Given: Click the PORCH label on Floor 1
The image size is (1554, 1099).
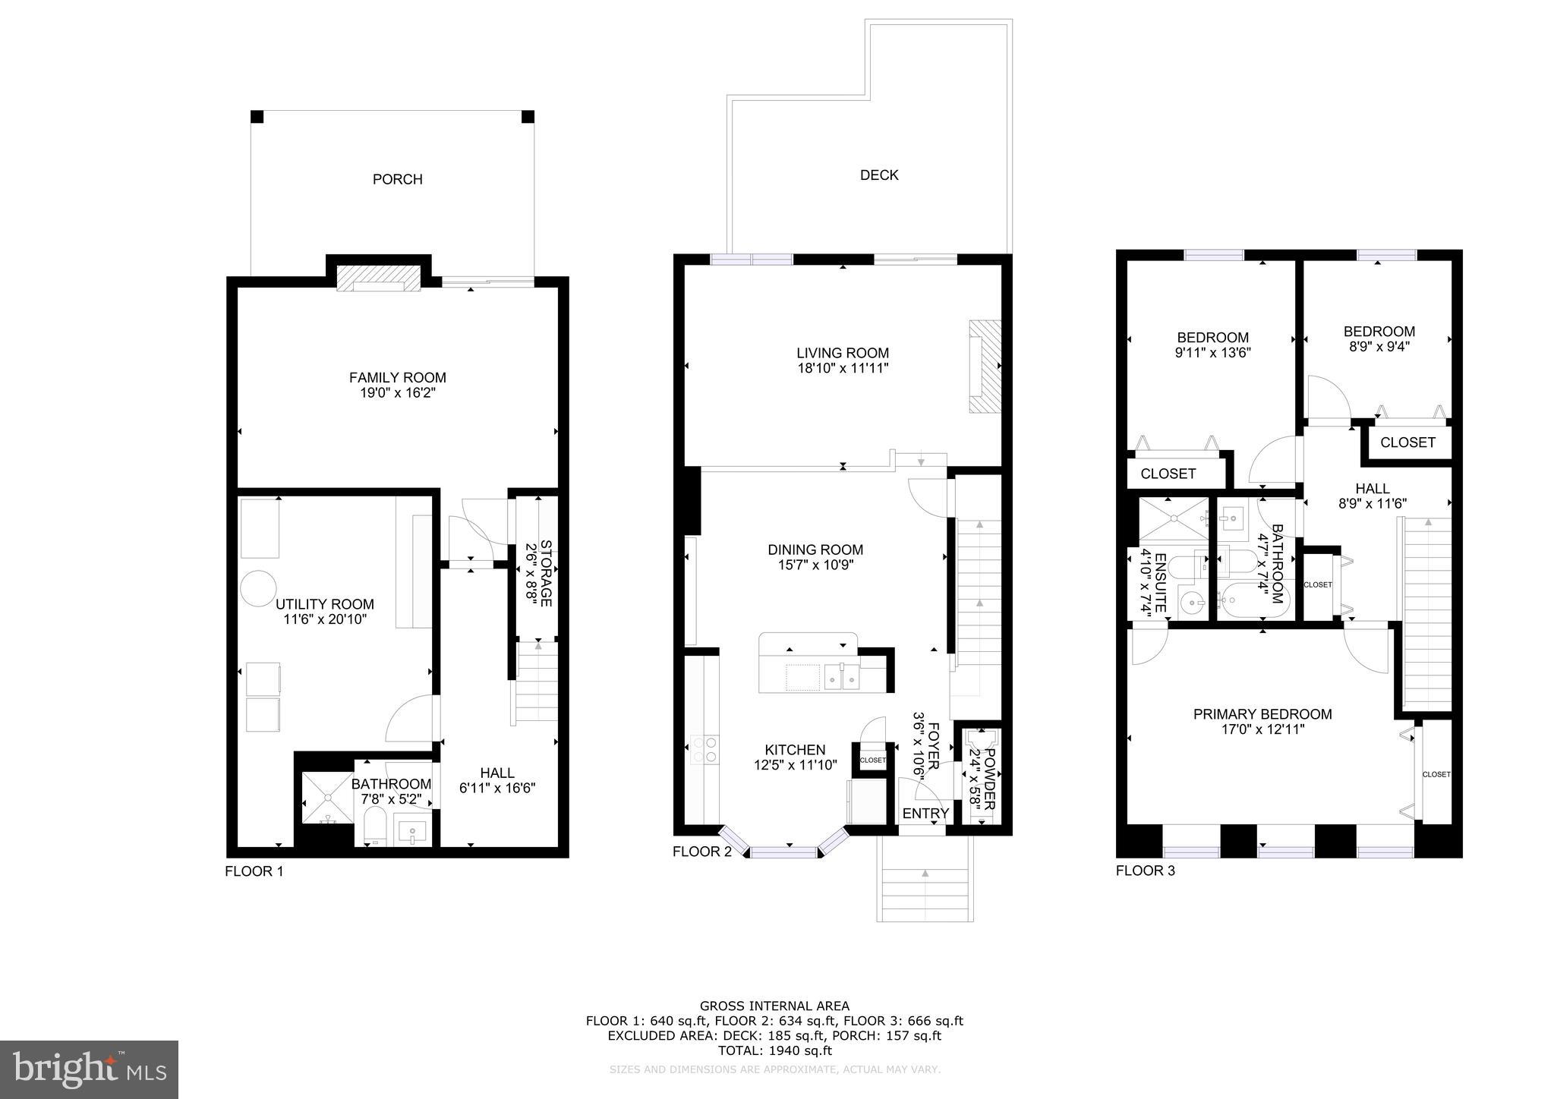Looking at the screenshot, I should (x=397, y=179).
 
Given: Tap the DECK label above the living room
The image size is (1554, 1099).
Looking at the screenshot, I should (x=879, y=175).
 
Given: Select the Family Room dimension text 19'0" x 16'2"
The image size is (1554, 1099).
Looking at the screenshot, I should (x=397, y=393).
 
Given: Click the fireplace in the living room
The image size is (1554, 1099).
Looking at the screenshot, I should (x=984, y=366).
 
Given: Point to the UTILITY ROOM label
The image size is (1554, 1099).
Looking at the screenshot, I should (x=324, y=605).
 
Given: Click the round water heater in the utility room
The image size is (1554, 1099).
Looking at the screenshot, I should (x=257, y=587).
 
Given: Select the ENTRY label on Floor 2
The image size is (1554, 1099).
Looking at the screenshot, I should (x=925, y=814).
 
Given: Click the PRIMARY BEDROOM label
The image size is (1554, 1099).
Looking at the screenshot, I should (x=1262, y=714).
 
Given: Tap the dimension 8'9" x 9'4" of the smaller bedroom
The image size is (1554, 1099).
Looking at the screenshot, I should (x=1379, y=346).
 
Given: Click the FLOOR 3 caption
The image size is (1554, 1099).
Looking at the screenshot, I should (x=1145, y=871).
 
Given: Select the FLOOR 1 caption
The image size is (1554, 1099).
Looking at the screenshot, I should (x=254, y=871).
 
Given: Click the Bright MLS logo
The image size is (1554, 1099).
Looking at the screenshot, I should (x=89, y=1069).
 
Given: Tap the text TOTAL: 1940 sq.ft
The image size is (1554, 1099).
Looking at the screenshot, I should (x=774, y=1050).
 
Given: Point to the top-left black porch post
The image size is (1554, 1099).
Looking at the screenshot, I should (x=257, y=117).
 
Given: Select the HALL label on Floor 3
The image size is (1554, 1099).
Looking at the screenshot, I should (x=1372, y=489).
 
